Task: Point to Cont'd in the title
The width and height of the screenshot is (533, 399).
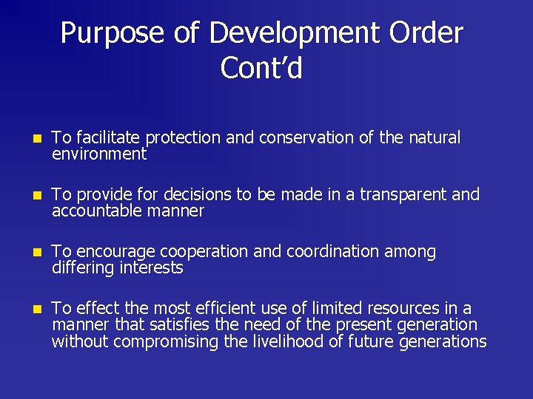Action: (261, 69)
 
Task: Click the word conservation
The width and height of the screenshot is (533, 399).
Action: (315, 138)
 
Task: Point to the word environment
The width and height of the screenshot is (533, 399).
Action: (99, 154)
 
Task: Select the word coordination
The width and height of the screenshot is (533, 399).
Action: (330, 252)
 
